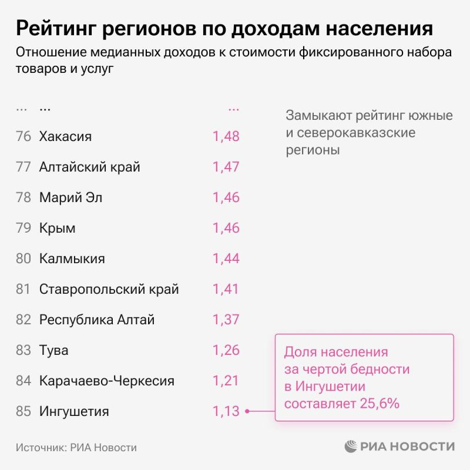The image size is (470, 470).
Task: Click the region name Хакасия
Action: [65, 137]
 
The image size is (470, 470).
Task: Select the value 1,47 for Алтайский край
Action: [226, 167]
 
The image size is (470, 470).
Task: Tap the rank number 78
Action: [23, 197]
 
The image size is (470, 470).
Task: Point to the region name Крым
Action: [57, 228]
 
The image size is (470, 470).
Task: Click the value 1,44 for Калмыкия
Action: [226, 258]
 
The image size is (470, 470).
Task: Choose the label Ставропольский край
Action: [109, 289]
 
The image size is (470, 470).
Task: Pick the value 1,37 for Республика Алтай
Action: [226, 320]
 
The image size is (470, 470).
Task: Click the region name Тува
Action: [53, 351]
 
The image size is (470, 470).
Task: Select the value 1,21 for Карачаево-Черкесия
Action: [226, 381]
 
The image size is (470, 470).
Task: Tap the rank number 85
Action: [23, 411]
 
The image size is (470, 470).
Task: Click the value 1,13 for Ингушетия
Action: [226, 411]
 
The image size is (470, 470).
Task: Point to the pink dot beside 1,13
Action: [247, 411]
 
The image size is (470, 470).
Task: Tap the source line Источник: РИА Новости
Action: [76, 448]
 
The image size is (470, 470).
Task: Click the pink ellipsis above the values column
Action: [233, 108]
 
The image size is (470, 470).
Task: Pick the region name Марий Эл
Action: [70, 197]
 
